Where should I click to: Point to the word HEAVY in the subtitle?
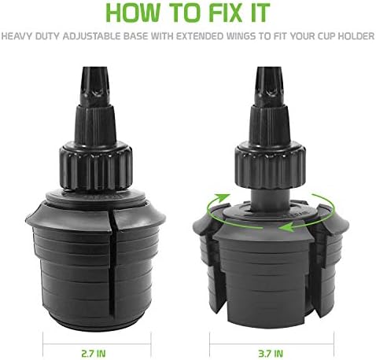(x=17, y=36)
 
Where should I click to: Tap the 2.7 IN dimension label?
(x=94, y=354)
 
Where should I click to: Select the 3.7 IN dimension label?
(x=271, y=354)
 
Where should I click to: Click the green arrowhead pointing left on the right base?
(x=286, y=227)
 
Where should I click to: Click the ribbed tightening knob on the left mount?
(x=96, y=166)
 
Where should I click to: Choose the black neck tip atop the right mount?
(x=270, y=86)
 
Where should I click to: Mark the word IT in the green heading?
(x=260, y=13)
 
